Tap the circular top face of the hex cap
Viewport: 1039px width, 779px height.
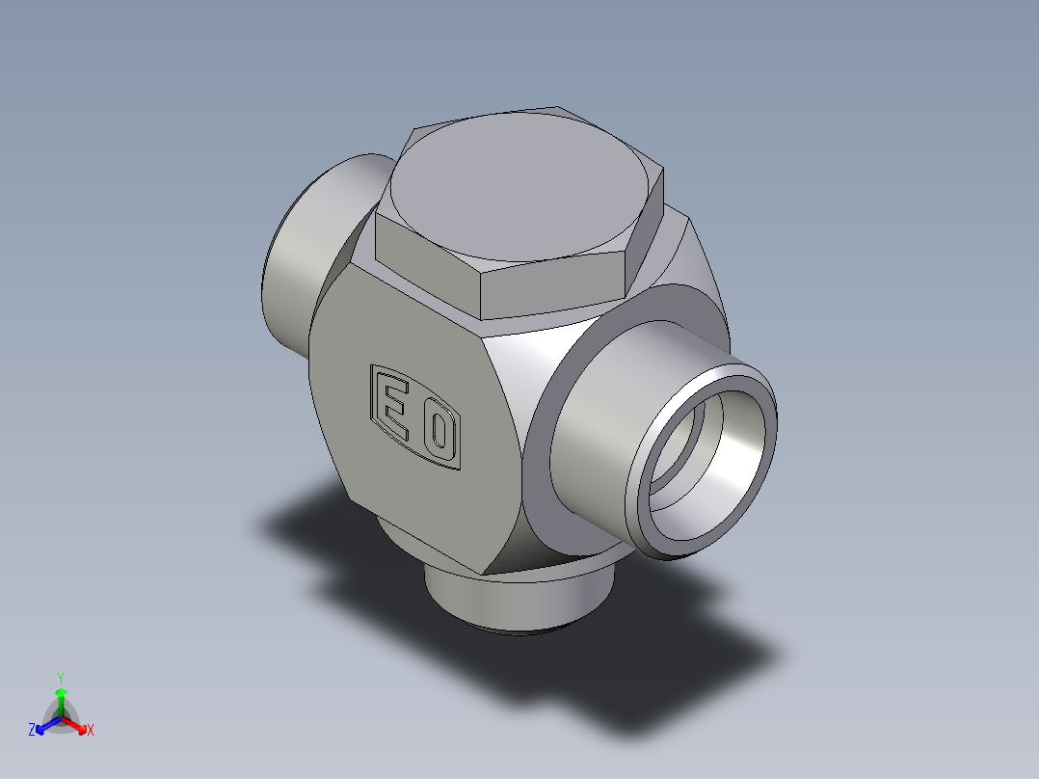pyautogui.click(x=519, y=186)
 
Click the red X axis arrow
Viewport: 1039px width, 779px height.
pyautogui.click(x=74, y=725)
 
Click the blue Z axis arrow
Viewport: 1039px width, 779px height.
pyautogui.click(x=48, y=725)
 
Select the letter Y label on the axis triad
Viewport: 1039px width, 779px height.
pyautogui.click(x=61, y=678)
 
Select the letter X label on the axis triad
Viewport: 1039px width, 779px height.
pyautogui.click(x=91, y=730)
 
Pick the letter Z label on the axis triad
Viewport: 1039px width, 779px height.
pyautogui.click(x=32, y=729)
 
